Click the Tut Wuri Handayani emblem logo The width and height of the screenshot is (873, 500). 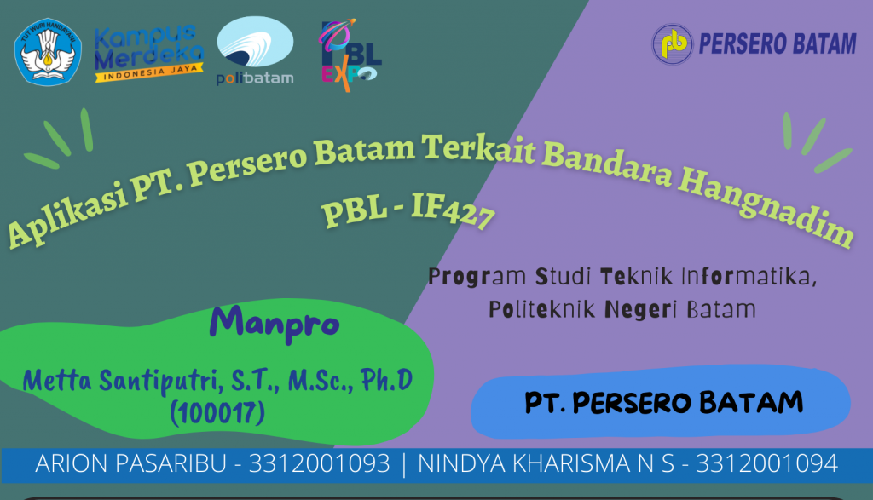point(48,52)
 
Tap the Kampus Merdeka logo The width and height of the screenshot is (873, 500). point(148,54)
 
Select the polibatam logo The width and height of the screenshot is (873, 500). point(255,50)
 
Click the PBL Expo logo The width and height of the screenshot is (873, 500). point(350,55)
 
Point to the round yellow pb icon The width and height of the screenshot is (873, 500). point(673,44)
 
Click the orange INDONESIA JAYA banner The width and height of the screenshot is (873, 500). point(148,72)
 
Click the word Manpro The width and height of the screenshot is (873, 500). point(275,325)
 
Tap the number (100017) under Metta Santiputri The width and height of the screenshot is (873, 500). point(217,413)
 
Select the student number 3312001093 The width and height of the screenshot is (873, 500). point(319,463)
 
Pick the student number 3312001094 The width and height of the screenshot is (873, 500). point(766,463)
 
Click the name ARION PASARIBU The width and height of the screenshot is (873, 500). point(130,463)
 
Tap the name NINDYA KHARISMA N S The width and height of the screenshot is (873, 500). point(546,463)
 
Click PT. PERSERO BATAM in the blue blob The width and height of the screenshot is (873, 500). point(663,403)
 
